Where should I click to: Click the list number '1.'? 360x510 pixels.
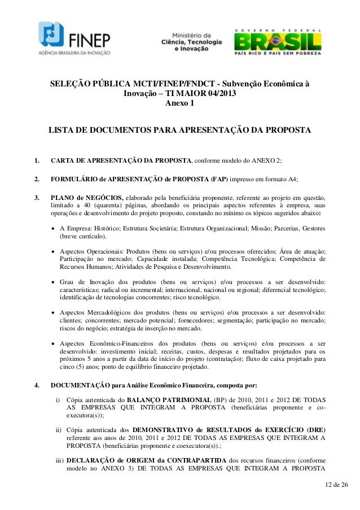click(38, 160)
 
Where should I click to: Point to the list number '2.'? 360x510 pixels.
click(38, 179)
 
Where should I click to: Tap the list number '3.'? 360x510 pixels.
click(38, 198)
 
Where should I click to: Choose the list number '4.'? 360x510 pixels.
click(38, 386)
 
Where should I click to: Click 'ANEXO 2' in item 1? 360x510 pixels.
click(265, 160)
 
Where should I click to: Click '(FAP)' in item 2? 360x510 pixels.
click(219, 179)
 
